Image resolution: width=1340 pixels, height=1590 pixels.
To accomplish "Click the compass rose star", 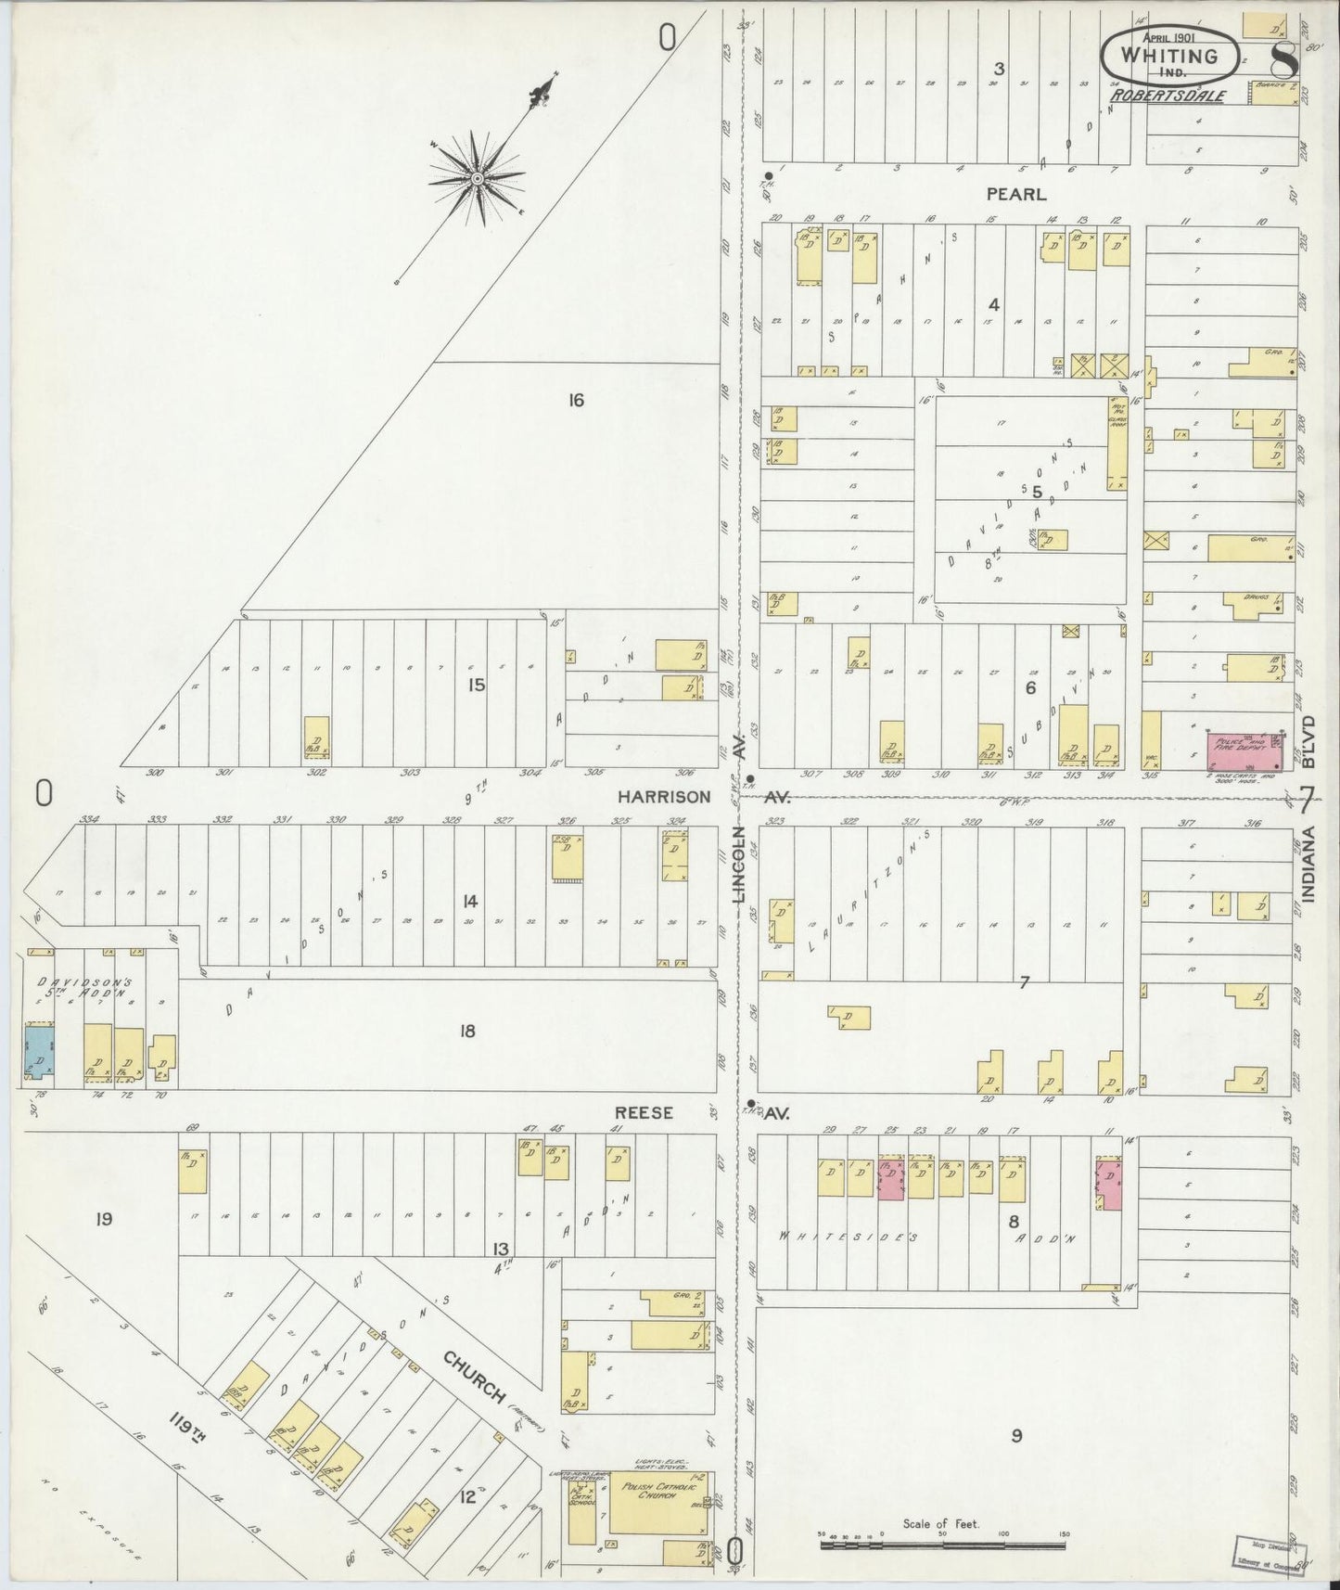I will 477,178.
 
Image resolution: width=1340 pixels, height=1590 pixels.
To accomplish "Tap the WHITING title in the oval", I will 1168,55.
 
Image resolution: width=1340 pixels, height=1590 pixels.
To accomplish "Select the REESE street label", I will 644,1112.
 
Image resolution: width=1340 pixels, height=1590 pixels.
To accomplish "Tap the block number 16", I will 576,401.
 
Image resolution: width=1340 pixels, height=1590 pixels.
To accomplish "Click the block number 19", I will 103,1219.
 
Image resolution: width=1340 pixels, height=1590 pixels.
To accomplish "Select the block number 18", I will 467,1030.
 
